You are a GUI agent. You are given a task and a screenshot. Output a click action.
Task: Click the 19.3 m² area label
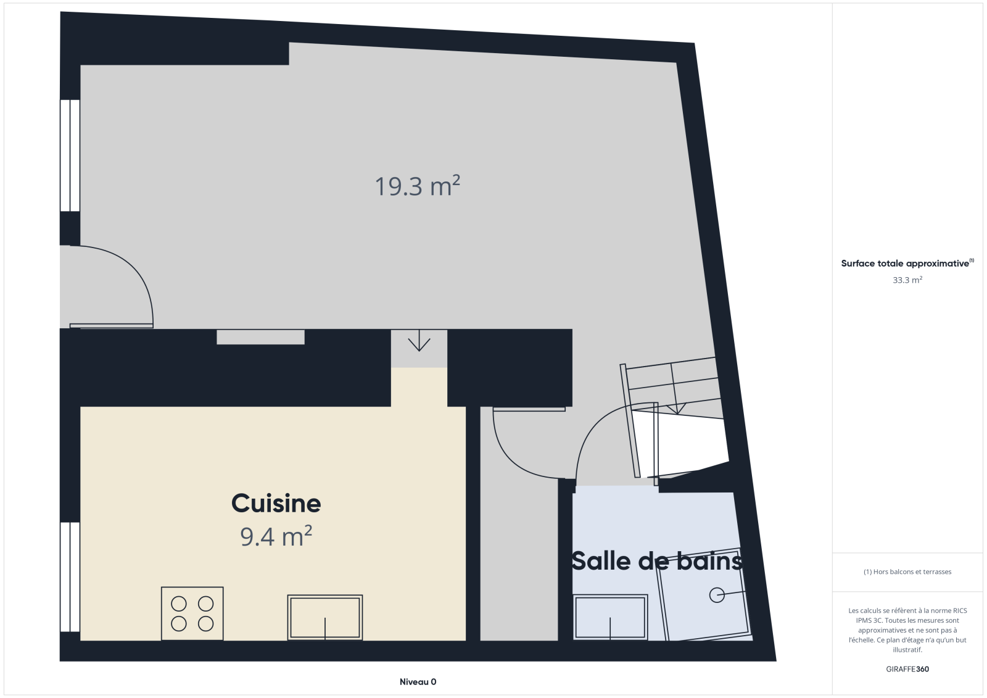(x=417, y=186)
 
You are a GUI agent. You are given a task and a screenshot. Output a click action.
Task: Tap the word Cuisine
(x=276, y=503)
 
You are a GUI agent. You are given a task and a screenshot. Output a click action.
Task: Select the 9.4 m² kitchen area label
(x=276, y=536)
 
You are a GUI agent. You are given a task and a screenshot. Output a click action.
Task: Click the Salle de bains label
(x=656, y=562)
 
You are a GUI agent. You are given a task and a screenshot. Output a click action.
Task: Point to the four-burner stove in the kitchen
(x=192, y=613)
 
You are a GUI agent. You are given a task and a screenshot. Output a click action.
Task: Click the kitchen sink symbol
(x=324, y=617)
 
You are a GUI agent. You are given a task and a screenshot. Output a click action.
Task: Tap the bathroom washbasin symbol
(x=610, y=617)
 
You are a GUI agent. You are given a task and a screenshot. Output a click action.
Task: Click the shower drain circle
(x=716, y=596)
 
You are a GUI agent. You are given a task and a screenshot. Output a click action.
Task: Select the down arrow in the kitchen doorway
(x=419, y=341)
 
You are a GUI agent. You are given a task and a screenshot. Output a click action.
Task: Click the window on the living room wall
(x=70, y=156)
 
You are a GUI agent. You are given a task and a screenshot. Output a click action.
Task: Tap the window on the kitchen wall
(x=70, y=577)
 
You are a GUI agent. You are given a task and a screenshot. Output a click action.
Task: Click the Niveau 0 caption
(x=418, y=682)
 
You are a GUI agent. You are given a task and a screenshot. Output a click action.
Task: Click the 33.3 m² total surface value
(x=907, y=280)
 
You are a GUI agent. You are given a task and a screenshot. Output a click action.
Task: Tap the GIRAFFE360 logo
(x=907, y=669)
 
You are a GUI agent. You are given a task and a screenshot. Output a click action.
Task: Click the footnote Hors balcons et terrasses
(x=907, y=572)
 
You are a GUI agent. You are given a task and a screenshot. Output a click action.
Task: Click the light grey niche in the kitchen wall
(x=260, y=337)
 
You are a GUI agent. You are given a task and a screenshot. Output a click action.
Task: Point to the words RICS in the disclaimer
(x=960, y=611)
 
